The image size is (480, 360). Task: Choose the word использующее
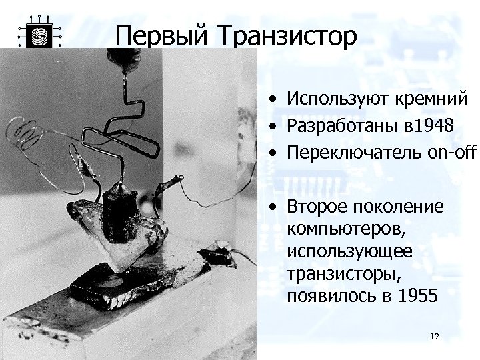pyautogui.click(x=350, y=251)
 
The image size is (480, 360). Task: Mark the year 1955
pyautogui.click(x=415, y=295)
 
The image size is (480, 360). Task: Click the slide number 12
pyautogui.click(x=435, y=337)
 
